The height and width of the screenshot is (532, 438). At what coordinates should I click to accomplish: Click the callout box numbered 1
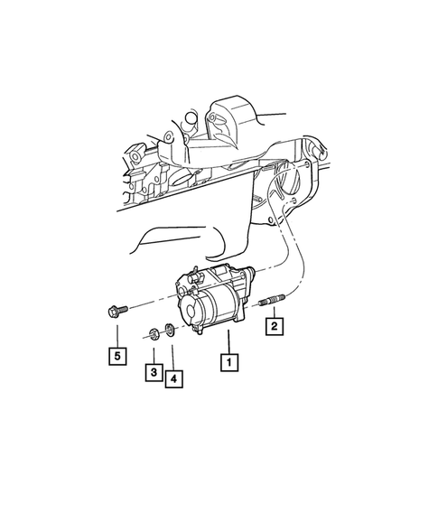229,364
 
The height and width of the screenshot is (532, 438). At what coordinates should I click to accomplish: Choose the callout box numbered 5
116,355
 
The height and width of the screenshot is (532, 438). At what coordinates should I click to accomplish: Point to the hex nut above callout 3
154,333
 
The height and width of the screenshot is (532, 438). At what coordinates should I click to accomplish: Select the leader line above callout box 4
171,356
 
